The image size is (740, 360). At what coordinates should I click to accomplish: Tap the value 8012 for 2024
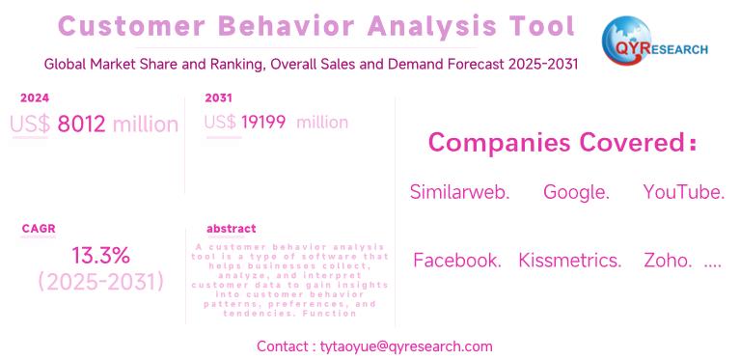81,125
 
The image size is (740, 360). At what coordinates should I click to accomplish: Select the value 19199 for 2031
261,123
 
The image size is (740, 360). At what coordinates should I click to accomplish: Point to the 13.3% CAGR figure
100,256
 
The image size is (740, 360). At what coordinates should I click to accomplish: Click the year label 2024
34,97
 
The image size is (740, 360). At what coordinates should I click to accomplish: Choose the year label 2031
218,97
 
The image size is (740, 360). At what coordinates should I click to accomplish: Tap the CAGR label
39,229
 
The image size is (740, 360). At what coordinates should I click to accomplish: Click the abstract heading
232,229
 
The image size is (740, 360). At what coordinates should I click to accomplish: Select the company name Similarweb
459,192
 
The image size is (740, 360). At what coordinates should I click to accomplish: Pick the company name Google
576,192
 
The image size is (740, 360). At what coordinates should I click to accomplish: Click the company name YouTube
683,192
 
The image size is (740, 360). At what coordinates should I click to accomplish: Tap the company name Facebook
457,261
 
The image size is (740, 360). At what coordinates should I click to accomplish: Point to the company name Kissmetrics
570,261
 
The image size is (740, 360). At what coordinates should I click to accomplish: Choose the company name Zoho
668,261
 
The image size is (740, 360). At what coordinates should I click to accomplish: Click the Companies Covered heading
562,143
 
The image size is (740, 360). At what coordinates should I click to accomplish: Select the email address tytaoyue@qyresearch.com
406,346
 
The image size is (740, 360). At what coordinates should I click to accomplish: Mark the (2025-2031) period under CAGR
100,282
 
